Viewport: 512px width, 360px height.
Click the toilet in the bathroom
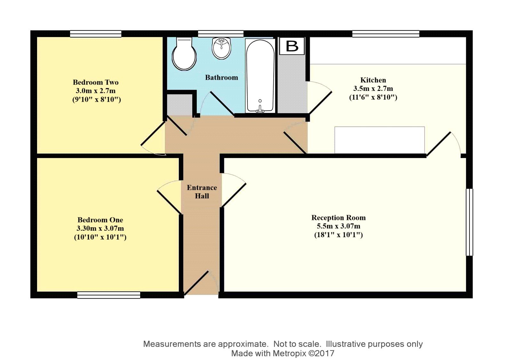(184, 54)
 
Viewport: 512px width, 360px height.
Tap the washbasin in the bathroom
(221, 48)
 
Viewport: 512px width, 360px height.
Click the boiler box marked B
(292, 46)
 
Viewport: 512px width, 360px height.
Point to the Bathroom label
(221, 77)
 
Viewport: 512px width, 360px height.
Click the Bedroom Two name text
(96, 82)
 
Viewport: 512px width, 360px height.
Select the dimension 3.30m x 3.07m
(100, 228)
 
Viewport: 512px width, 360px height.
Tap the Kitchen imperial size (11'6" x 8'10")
(373, 97)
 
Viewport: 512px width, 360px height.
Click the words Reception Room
(338, 218)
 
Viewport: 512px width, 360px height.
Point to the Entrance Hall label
(202, 192)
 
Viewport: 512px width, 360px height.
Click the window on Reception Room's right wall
(469, 222)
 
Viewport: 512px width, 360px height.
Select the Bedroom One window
(109, 295)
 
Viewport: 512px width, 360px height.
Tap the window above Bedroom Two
(96, 34)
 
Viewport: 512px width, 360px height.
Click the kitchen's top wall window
(386, 34)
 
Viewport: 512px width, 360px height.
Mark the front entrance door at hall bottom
(197, 283)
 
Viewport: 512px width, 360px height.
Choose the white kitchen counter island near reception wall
(380, 140)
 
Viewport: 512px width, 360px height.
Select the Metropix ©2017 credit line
(283, 353)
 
